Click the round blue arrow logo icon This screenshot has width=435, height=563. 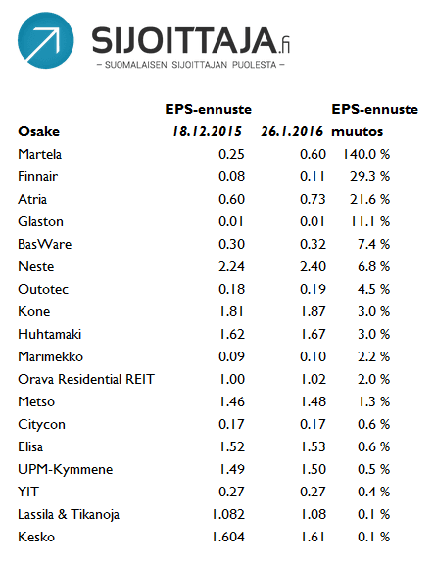click(x=46, y=40)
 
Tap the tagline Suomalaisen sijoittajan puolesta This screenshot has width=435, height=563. click(x=191, y=65)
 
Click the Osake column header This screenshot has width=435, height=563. click(x=38, y=131)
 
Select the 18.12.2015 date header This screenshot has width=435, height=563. click(x=208, y=131)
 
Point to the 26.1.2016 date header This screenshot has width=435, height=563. click(x=292, y=131)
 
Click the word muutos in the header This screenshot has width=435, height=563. click(x=357, y=132)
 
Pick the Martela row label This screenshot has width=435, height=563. click(x=39, y=154)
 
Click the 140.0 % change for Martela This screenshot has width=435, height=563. click(x=366, y=154)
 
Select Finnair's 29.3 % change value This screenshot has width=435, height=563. click(x=369, y=176)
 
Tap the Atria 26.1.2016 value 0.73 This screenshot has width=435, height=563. click(x=313, y=199)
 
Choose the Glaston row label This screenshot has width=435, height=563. click(x=40, y=221)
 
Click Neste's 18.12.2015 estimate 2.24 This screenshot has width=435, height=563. click(x=231, y=266)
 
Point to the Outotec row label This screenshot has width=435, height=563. click(x=43, y=289)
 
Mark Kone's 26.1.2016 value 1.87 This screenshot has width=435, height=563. click(x=313, y=311)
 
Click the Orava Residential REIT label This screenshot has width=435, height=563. click(x=86, y=379)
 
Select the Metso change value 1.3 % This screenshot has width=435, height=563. click(x=373, y=401)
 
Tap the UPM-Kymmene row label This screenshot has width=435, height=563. click(x=66, y=470)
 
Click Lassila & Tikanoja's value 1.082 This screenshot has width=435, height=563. click(x=228, y=514)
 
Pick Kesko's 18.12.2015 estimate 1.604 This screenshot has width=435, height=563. click(x=228, y=538)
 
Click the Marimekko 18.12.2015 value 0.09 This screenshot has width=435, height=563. click(x=231, y=357)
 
